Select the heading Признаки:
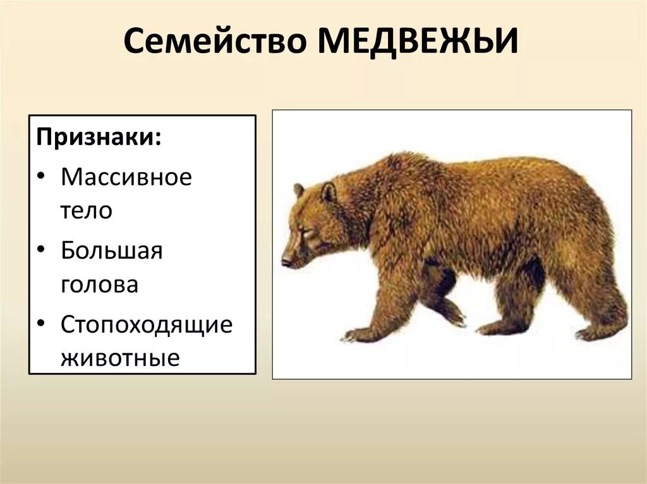coord(98,138)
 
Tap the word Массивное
coord(126,177)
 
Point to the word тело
coord(86,210)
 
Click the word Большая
coord(112,251)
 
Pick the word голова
coord(99,284)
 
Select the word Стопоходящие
coord(147,325)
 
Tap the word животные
coord(120,358)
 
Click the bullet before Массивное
coord(41,178)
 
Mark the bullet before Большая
coord(41,252)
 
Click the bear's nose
coord(286,262)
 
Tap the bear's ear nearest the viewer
coord(329,192)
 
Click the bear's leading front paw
coord(358,335)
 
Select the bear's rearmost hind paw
coord(591,333)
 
